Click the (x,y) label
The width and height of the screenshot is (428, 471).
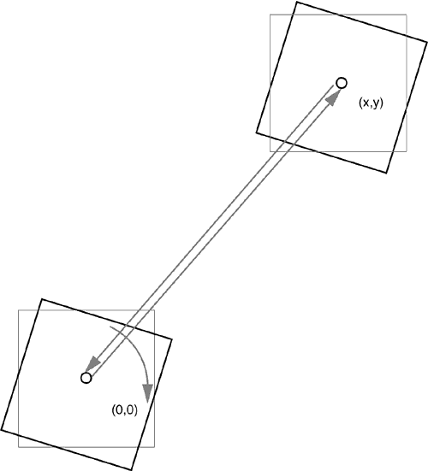coord(371,103)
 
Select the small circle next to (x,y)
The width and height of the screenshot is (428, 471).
coord(342,83)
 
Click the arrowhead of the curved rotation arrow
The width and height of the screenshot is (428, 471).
coord(147,393)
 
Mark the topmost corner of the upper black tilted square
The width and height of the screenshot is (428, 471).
coord(297,2)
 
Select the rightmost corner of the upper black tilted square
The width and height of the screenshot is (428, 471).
coord(427,43)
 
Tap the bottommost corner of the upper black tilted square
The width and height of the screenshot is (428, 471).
coord(386,173)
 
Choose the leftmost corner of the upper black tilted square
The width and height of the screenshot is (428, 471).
coord(256,132)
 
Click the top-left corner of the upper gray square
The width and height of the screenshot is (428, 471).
coord(270,15)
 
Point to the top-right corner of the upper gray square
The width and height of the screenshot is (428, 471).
coord(407,15)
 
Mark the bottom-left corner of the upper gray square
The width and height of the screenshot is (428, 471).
coord(270,151)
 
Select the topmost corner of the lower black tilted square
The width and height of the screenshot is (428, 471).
coord(41,299)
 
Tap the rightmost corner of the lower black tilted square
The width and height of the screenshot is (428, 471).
coord(172,339)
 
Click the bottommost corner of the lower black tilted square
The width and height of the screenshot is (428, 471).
coord(132,470)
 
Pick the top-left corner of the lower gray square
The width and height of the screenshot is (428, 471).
coord(19,310)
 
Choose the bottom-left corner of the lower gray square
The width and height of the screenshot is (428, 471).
coord(19,447)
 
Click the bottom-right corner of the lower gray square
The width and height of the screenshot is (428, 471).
coord(155,447)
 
